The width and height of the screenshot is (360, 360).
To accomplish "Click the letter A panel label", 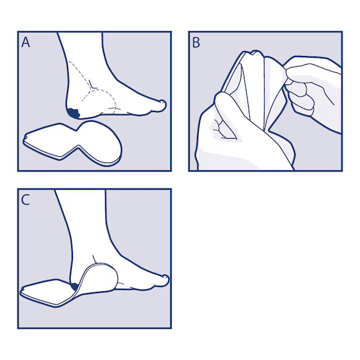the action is click(x=26, y=43).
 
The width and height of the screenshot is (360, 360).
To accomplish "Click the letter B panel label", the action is click(x=196, y=43).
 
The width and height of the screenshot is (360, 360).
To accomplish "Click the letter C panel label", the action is click(x=26, y=199).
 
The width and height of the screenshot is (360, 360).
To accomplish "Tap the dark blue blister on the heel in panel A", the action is click(x=74, y=114).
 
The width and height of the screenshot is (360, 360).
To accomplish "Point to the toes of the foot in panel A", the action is click(x=159, y=106).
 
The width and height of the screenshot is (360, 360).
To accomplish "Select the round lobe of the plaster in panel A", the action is click(x=101, y=143).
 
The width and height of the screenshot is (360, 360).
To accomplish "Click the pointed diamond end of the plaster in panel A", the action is click(x=46, y=140).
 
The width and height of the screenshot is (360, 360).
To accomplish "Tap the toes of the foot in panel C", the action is click(x=161, y=282).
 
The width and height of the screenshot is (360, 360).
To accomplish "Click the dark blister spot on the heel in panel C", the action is click(x=75, y=286).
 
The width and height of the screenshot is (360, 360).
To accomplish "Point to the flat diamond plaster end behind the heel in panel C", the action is click(x=46, y=292).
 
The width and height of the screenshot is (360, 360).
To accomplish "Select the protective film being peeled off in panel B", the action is click(x=274, y=92).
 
